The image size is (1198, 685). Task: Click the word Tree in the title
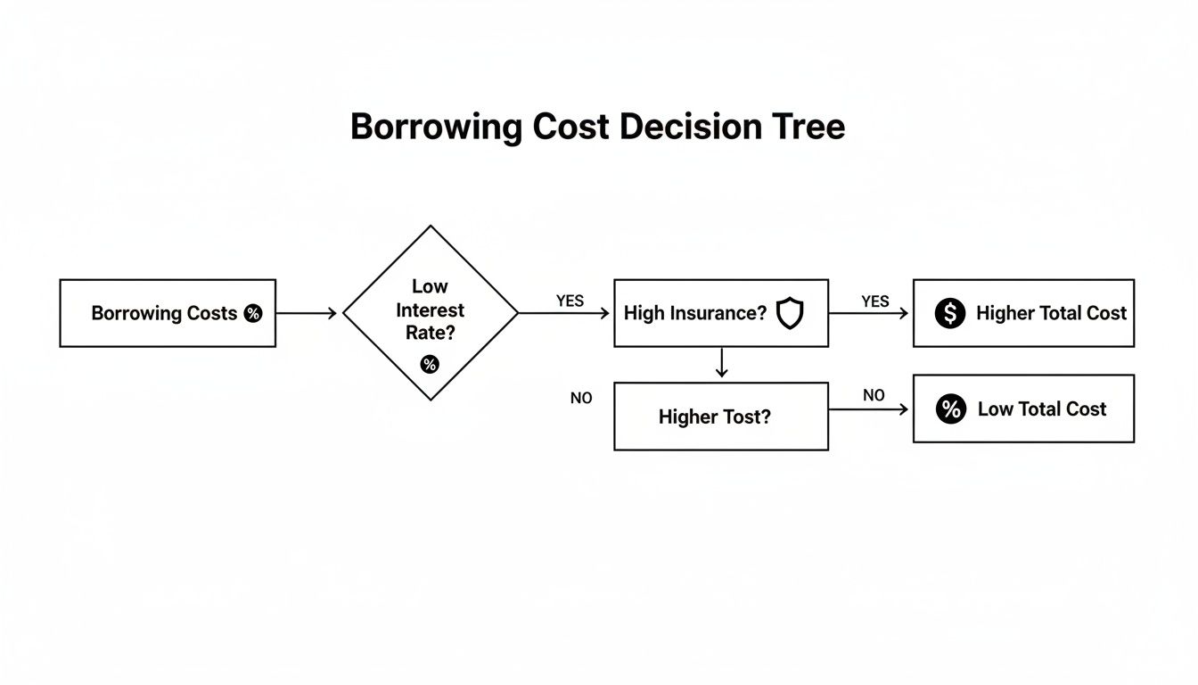point(807,127)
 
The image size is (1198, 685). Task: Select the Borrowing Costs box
point(168,313)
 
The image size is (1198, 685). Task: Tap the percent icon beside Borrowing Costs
point(253,313)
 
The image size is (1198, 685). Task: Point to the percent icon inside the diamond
point(430,364)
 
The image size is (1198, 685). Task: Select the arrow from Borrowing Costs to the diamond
point(306,313)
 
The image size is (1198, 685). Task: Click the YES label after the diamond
point(570,301)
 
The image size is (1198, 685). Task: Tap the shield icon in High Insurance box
point(790,313)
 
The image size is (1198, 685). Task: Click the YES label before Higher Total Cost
point(875,301)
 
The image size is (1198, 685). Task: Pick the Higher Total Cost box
point(1023,313)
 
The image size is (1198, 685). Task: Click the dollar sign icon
point(950,313)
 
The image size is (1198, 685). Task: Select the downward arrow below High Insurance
point(721,363)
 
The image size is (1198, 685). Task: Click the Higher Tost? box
point(721,417)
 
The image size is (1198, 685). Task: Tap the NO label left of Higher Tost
point(581,398)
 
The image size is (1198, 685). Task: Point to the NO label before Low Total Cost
point(874,395)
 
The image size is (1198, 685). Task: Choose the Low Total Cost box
point(1023,409)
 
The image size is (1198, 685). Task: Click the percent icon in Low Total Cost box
point(951,409)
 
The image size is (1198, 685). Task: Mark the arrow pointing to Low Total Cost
point(869,409)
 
